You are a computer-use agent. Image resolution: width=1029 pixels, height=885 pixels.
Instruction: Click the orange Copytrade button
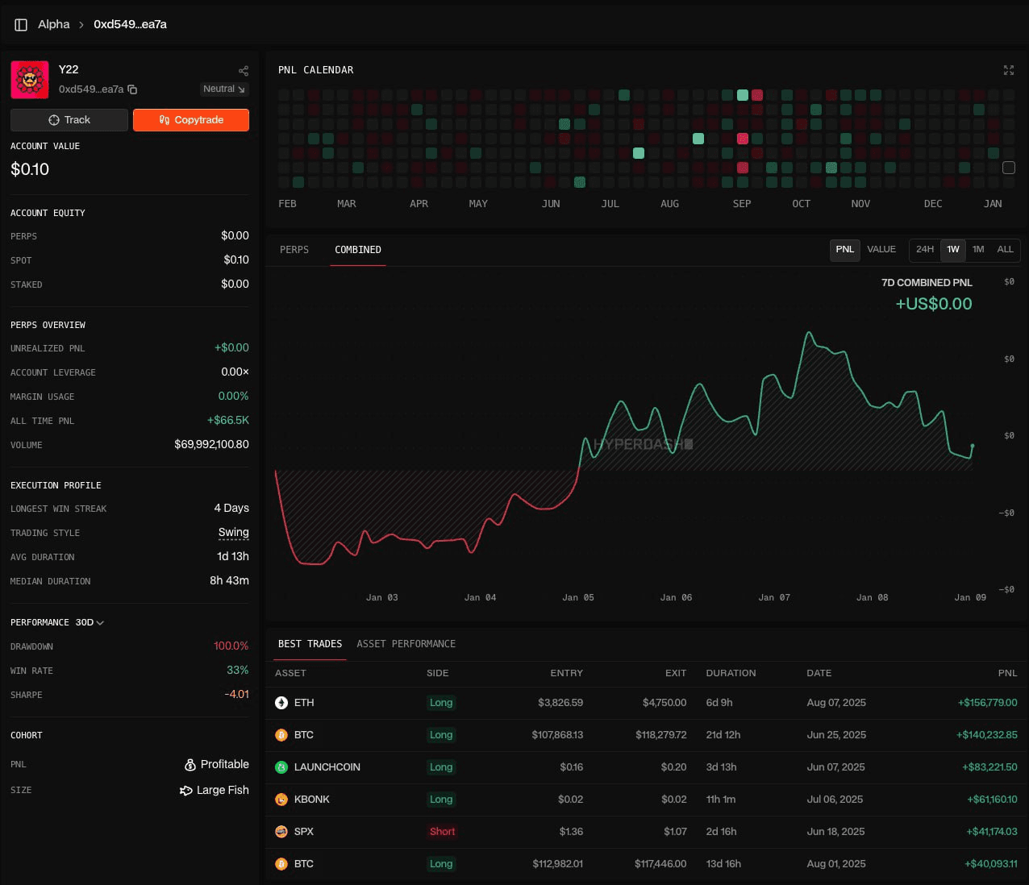(191, 120)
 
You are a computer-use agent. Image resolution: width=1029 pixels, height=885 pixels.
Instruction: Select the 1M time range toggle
(978, 250)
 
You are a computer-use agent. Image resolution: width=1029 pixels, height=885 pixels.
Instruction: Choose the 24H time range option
(925, 250)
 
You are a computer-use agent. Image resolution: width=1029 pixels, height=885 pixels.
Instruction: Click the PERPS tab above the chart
(294, 250)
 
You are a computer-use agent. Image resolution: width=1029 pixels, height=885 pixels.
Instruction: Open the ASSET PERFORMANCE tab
(406, 644)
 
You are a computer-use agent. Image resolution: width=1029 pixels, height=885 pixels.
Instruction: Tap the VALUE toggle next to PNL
(881, 250)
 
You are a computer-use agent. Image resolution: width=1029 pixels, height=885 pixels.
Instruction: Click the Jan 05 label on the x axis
(578, 598)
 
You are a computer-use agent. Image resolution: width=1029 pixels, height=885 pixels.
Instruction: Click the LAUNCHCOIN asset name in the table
(327, 767)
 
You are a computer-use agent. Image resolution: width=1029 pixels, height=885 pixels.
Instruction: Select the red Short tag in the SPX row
(442, 832)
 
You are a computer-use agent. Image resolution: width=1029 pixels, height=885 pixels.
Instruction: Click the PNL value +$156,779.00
(987, 703)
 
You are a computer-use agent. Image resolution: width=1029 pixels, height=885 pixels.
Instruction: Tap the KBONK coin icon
(281, 800)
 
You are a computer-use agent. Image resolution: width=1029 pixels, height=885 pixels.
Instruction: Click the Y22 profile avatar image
(30, 79)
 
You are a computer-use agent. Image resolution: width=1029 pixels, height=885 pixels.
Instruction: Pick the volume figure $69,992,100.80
(211, 445)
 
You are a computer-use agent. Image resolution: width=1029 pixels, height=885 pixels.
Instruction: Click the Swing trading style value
(233, 533)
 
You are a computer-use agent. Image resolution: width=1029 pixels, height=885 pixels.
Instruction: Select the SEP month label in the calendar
(742, 204)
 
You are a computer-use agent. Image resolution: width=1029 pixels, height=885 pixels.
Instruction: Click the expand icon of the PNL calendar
(1008, 71)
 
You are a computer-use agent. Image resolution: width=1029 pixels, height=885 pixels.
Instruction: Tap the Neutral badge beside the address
(224, 89)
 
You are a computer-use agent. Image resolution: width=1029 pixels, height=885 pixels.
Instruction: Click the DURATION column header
(731, 673)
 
